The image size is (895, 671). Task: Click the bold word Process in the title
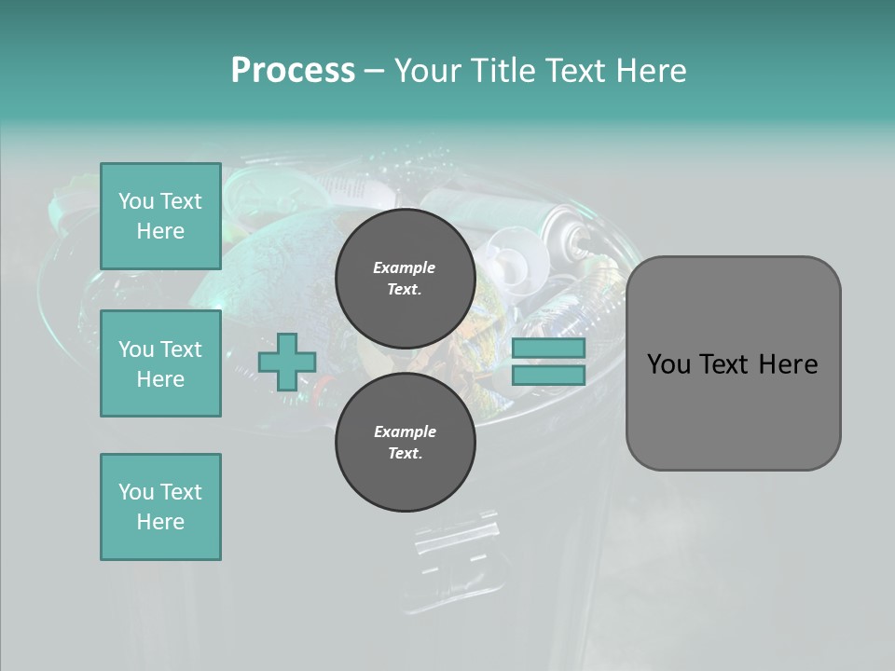point(293,70)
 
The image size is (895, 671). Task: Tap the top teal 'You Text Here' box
point(160,216)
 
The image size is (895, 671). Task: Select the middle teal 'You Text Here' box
point(160,363)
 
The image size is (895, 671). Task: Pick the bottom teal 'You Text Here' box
point(160,507)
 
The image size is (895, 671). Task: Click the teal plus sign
point(286,363)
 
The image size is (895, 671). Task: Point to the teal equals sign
point(549,362)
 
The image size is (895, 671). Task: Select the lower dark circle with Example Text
point(405,443)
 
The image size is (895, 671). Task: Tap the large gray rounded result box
point(733,410)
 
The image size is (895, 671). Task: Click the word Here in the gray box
point(788,363)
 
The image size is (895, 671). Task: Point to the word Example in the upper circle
point(404,267)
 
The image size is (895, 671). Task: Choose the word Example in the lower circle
point(405,431)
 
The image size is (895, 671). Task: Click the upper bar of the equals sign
point(549,348)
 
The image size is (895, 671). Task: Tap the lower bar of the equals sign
point(549,375)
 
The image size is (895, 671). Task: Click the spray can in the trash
point(559,232)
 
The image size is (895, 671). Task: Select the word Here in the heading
point(653,70)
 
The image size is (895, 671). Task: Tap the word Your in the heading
point(427,70)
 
